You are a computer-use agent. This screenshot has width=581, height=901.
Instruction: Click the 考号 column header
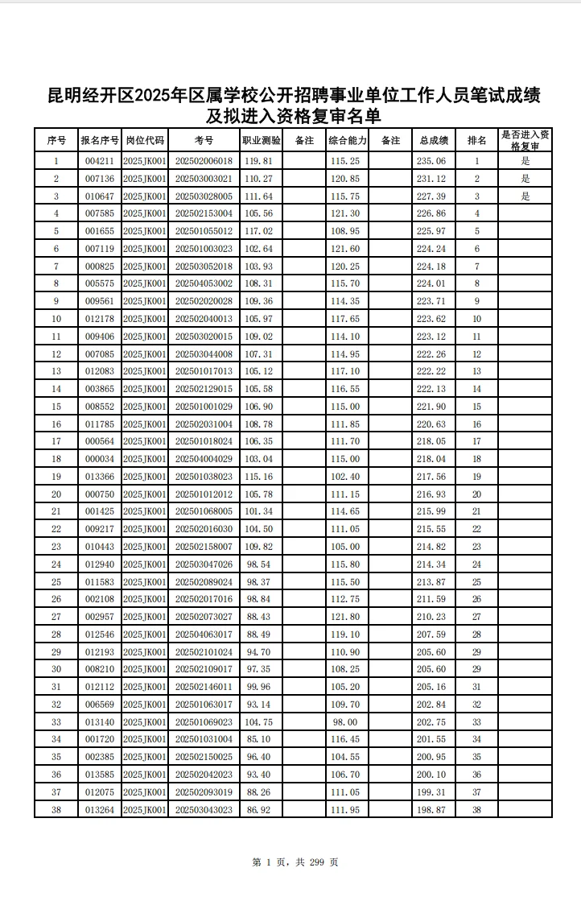point(204,140)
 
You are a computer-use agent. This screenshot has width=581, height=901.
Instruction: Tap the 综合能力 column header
point(347,140)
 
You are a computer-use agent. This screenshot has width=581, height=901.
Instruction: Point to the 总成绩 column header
point(434,140)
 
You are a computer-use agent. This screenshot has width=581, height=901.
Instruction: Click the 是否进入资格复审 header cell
point(525,140)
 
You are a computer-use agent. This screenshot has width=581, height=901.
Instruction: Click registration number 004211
point(100,161)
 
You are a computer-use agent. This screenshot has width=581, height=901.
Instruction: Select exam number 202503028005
point(204,196)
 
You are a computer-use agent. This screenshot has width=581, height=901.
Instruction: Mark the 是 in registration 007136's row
point(525,179)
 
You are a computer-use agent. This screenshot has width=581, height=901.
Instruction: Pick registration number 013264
point(100,809)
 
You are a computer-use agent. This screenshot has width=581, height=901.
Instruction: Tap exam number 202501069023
point(204,722)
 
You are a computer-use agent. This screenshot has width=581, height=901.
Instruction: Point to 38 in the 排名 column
point(476,809)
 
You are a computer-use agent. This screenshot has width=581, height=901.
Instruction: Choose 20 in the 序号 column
point(56,494)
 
